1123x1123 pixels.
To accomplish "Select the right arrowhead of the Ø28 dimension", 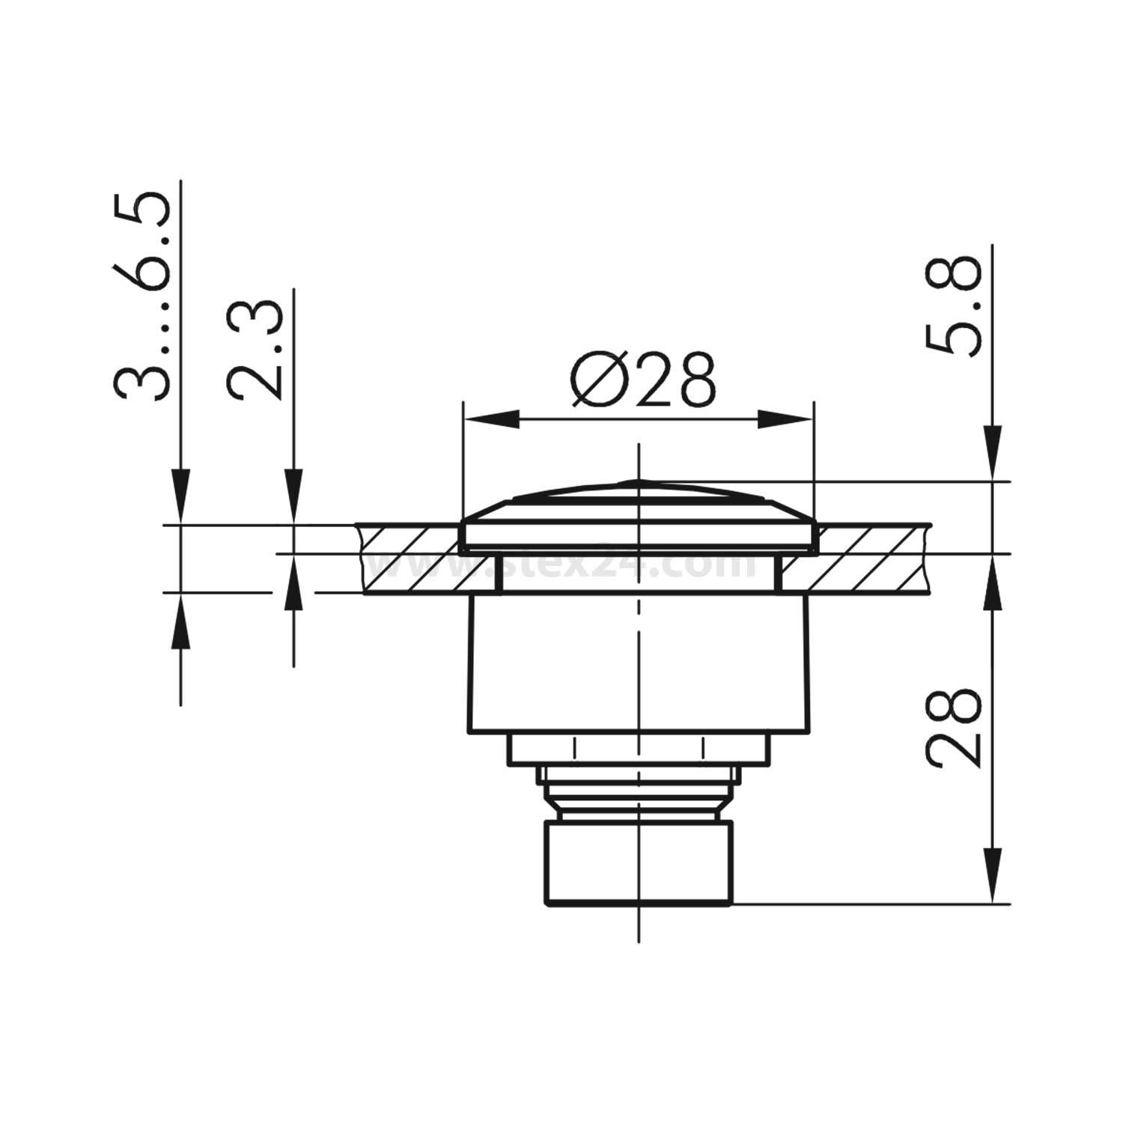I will pos(785,420).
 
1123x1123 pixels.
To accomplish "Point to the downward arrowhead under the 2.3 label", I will pos(293,494).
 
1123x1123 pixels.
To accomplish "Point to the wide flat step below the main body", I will pos(638,749).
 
